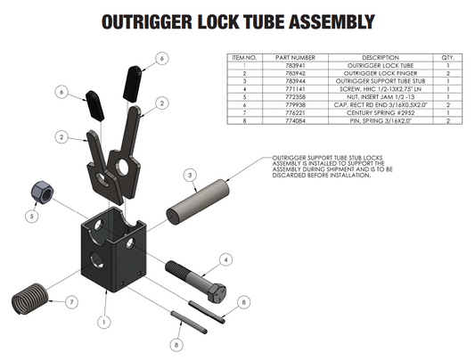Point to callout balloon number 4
[x=226, y=259]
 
